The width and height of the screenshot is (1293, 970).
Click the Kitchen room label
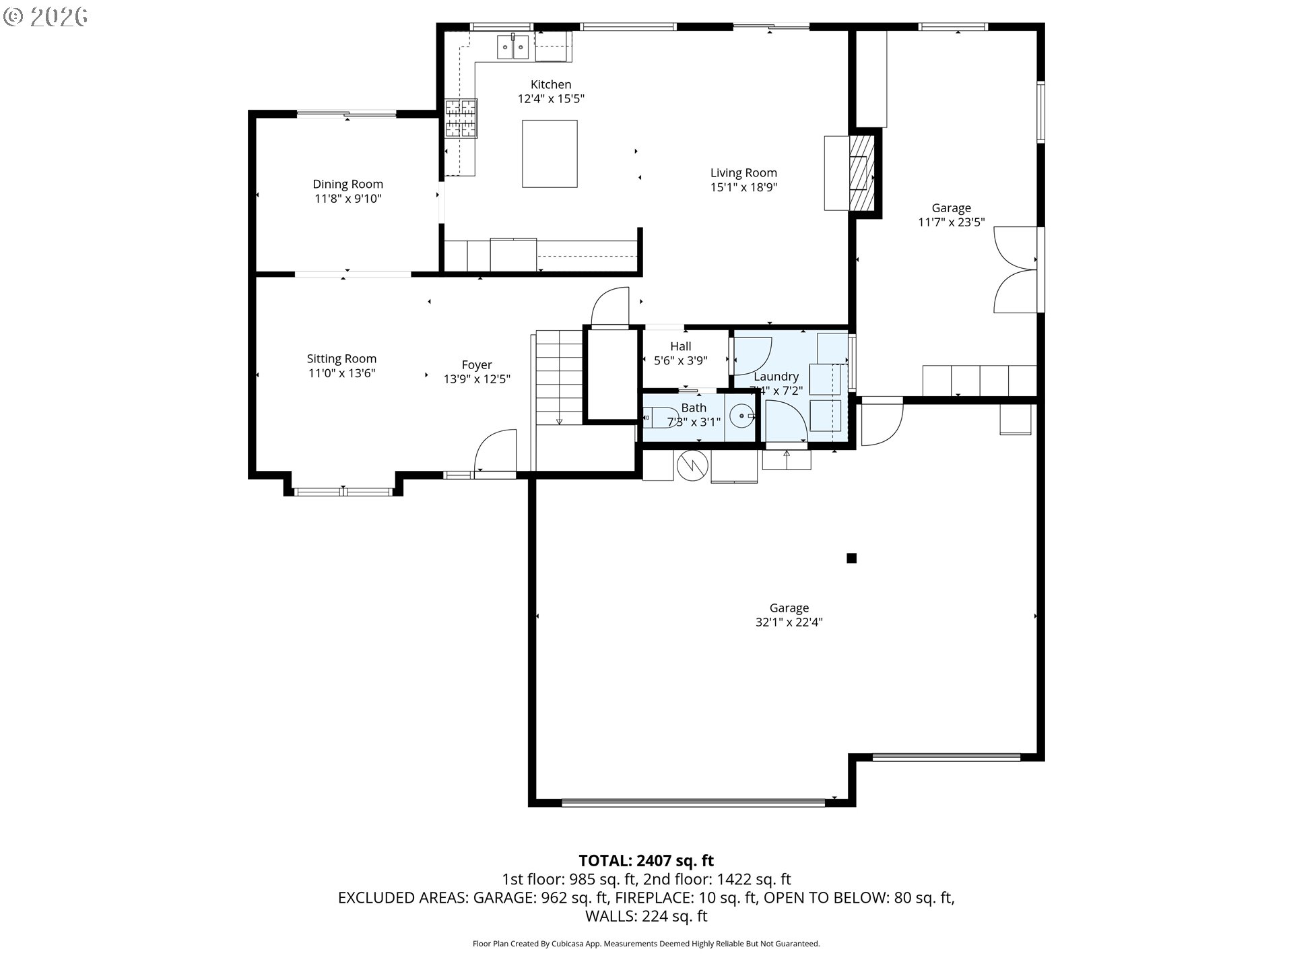point(551,84)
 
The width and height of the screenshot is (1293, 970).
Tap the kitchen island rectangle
point(550,154)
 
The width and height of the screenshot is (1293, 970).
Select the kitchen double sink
point(512,46)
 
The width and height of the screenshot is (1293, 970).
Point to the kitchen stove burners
point(461,119)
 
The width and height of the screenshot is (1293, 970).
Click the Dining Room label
point(347,184)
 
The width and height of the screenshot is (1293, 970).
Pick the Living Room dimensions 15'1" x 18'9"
point(743,187)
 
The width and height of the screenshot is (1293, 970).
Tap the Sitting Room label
point(341,358)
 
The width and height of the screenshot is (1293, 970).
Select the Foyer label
point(477,364)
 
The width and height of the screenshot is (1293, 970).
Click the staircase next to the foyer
point(559,377)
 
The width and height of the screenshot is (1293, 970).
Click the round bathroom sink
point(741,416)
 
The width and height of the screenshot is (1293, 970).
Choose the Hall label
point(681,346)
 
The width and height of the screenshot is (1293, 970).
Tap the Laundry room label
point(776,377)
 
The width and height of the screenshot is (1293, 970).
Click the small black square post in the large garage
point(851,558)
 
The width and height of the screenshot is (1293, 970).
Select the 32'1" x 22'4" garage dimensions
point(789,622)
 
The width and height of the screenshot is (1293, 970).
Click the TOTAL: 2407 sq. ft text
point(646,860)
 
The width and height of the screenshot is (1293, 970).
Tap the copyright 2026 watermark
point(45,17)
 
